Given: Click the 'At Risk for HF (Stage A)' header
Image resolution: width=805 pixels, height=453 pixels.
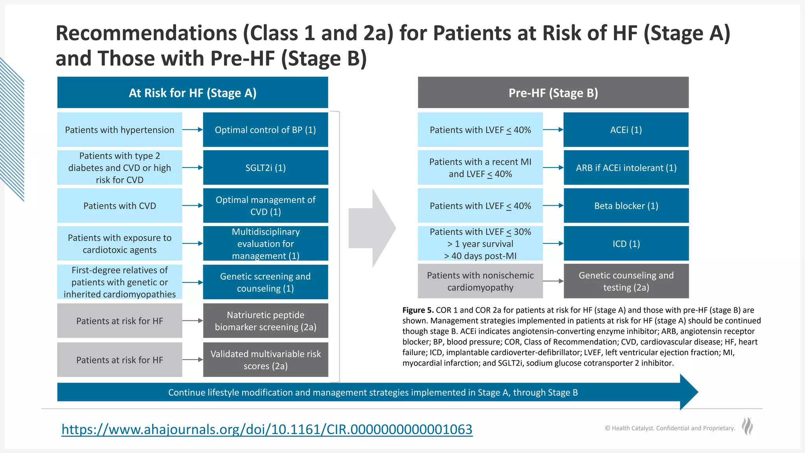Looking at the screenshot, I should click(193, 93).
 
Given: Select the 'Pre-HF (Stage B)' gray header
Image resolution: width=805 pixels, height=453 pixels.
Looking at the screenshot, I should click(553, 93).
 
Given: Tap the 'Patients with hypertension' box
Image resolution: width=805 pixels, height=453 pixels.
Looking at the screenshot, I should click(119, 130).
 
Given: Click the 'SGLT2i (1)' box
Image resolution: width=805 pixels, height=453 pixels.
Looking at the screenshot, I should click(265, 168).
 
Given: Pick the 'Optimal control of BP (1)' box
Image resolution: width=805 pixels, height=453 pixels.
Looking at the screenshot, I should click(265, 130).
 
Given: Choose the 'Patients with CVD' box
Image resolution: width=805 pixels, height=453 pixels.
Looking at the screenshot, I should click(119, 206).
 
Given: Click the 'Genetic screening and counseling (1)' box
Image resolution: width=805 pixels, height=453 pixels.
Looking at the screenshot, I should click(265, 282).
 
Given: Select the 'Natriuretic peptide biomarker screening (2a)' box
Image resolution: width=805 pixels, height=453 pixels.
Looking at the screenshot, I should click(265, 320).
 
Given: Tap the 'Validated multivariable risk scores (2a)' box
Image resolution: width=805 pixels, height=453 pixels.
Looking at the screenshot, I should click(265, 359).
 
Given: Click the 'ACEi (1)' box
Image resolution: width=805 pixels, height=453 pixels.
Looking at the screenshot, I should click(626, 130).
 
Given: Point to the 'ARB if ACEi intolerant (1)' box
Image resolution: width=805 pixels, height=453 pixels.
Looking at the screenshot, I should click(626, 168).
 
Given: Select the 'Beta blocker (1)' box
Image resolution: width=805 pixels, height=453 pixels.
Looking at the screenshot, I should click(626, 206).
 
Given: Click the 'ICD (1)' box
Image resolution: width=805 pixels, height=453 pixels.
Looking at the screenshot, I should click(626, 243).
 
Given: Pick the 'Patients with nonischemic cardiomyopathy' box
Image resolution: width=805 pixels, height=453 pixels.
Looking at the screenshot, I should click(480, 281).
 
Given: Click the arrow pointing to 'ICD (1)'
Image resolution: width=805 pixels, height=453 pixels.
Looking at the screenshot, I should click(553, 243).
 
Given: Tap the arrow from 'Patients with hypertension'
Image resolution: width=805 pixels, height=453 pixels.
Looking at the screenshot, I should click(193, 130).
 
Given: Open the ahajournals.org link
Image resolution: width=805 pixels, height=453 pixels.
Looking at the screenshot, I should click(267, 429).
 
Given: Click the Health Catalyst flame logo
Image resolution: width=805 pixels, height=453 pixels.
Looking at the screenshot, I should click(747, 426).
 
